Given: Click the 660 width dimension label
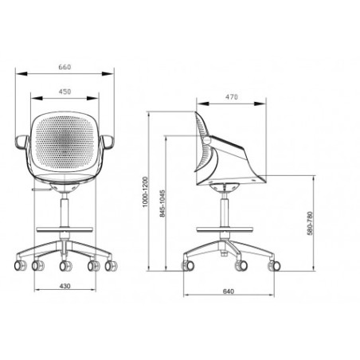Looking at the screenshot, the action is [65, 67].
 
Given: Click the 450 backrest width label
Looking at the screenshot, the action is [65, 92].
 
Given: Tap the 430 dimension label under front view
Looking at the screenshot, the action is [65, 286].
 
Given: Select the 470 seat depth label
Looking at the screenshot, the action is [232, 97].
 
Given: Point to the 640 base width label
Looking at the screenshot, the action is [229, 292].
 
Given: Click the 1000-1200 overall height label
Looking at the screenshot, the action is [145, 192].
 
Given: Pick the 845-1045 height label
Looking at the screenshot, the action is [162, 203].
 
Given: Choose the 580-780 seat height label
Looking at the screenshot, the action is [310, 223].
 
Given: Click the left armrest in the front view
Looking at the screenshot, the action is [22, 142].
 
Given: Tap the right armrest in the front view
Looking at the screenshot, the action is [107, 142].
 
